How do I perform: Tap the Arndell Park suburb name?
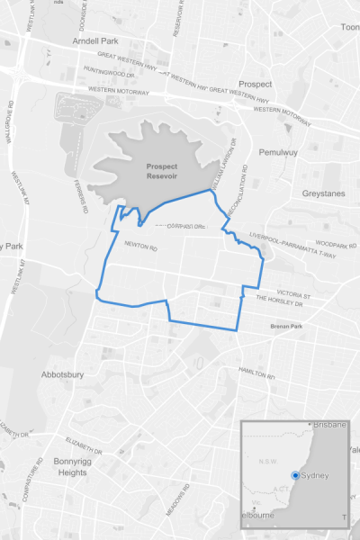(x=96, y=42)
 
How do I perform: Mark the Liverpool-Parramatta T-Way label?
(x=287, y=249)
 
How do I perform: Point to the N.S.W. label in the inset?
(x=266, y=462)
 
